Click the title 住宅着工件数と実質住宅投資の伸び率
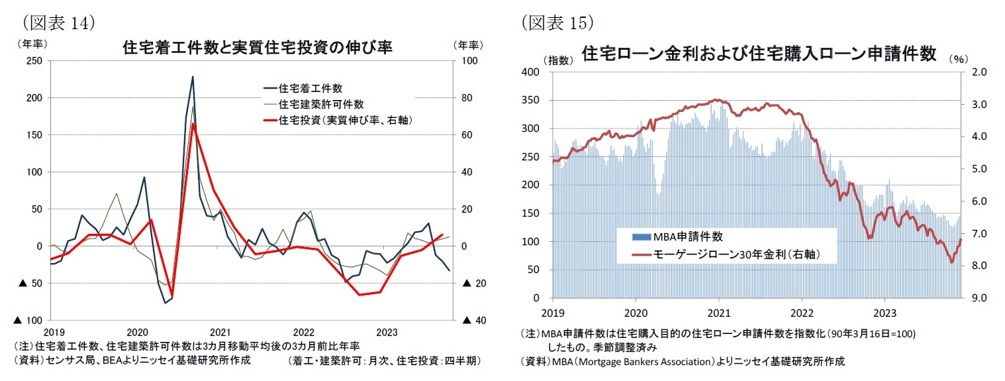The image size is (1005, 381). click(258, 48)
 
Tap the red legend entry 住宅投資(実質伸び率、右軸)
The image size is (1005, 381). click(350, 120)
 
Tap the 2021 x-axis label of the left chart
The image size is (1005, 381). click(220, 331)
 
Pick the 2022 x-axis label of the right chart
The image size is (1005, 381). click(802, 310)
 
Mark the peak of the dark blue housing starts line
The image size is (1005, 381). click(193, 77)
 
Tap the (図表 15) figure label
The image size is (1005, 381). click(556, 23)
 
